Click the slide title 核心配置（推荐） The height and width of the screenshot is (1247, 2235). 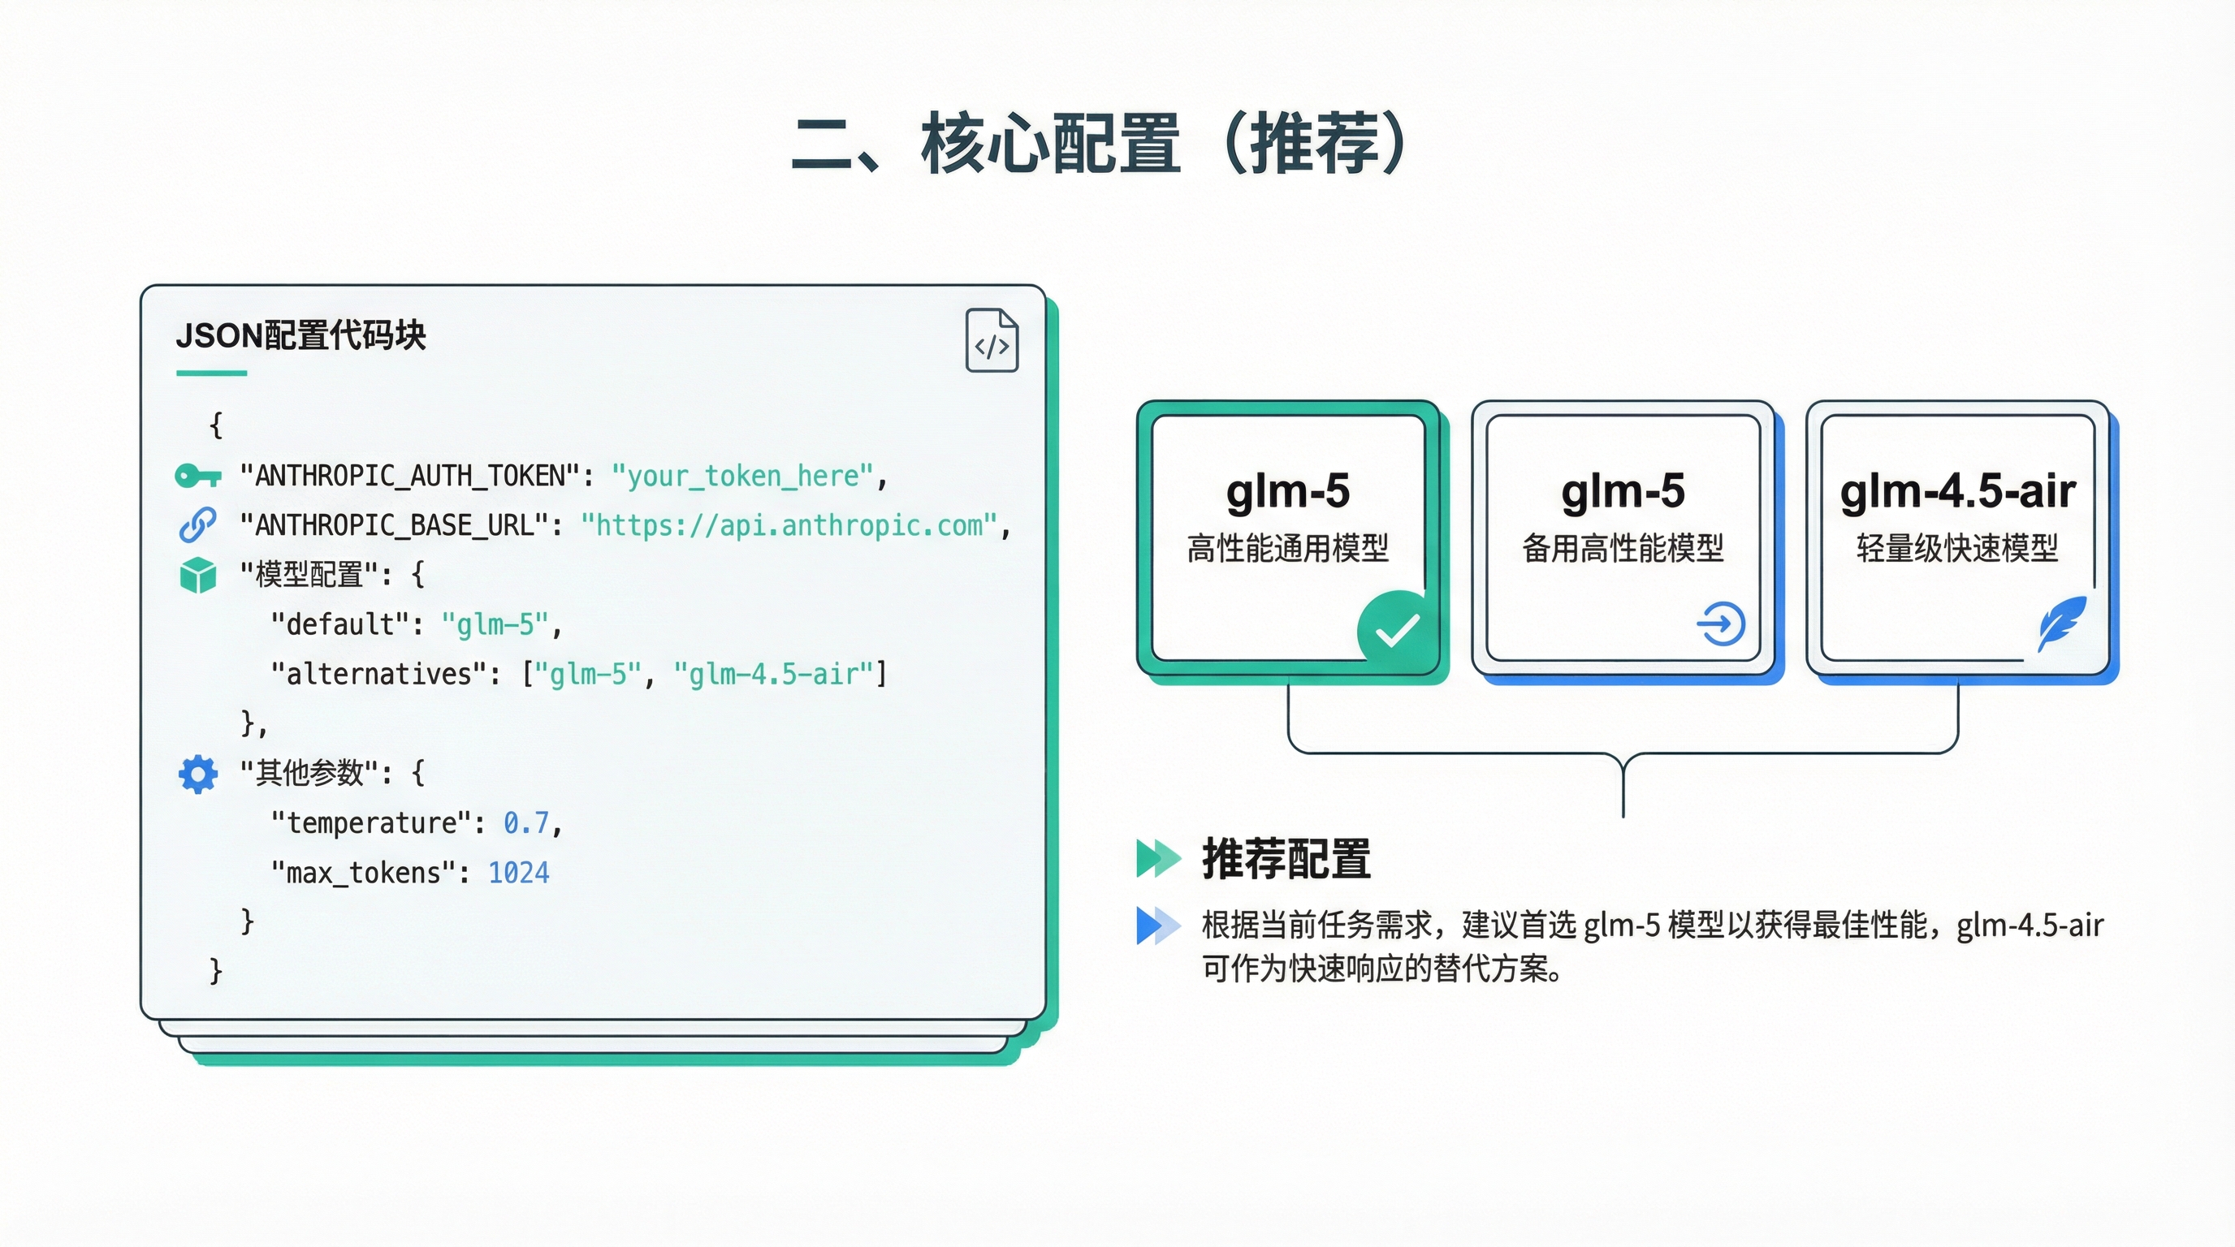[1100, 143]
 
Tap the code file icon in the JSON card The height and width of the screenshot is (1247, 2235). [992, 340]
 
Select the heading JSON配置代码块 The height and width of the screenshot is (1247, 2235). [301, 335]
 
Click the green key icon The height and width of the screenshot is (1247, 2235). [198, 475]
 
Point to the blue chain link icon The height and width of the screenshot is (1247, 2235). [198, 524]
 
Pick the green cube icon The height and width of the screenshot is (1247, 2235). [198, 574]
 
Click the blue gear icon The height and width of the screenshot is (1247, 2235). [198, 774]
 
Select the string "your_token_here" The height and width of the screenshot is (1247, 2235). [741, 475]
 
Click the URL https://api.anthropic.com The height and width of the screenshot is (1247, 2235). [789, 524]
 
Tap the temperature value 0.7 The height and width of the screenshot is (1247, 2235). [525, 822]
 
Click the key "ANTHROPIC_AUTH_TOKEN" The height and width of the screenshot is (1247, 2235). [409, 475]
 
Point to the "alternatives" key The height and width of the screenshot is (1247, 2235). [379, 673]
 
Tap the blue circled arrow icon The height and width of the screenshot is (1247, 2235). [1720, 623]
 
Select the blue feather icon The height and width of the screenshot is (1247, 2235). [2060, 623]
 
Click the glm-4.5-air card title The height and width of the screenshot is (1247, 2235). [1957, 491]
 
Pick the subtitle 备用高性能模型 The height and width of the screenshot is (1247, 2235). [1623, 548]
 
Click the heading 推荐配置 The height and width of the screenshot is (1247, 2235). [1286, 858]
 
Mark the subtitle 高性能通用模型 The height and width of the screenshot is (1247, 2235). [1287, 548]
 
